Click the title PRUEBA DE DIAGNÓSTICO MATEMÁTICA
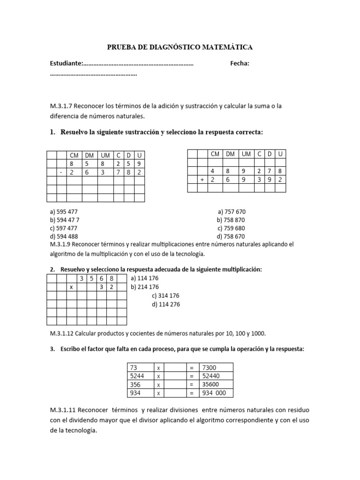click(x=180, y=47)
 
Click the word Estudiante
click(x=66, y=63)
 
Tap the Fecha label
click(x=239, y=63)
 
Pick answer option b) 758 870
click(x=231, y=220)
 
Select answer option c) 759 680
click(x=232, y=228)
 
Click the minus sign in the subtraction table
click(x=61, y=172)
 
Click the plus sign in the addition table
click(x=202, y=179)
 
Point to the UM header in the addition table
click(x=246, y=154)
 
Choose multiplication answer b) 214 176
click(x=145, y=287)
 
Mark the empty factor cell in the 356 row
click(x=175, y=384)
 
